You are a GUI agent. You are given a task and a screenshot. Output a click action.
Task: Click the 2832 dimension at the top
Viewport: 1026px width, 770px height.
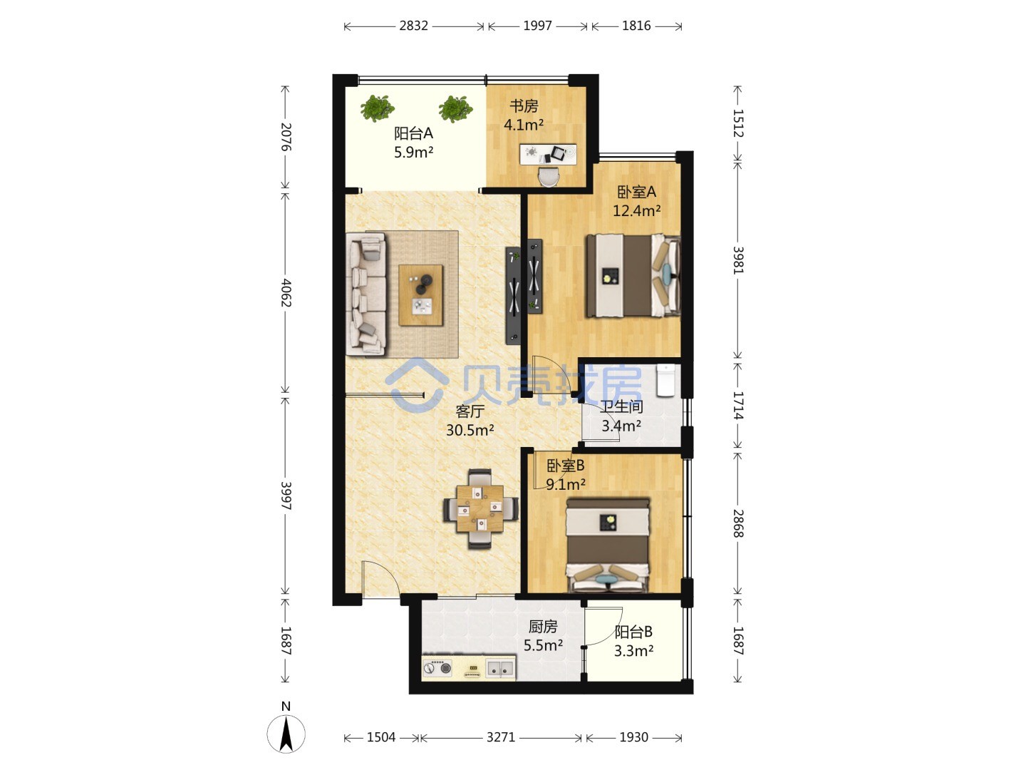pyautogui.click(x=413, y=26)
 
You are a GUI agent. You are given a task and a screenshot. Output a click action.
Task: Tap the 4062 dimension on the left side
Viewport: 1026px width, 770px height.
pyautogui.click(x=286, y=292)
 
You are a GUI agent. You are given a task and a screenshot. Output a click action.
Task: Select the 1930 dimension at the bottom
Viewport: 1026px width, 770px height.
pyautogui.click(x=633, y=737)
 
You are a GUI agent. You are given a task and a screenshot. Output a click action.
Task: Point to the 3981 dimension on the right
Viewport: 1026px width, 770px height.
pyautogui.click(x=737, y=260)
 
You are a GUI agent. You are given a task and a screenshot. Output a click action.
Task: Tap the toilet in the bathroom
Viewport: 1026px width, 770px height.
pyautogui.click(x=665, y=380)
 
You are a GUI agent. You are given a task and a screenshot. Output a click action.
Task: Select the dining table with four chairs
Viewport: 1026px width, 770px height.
pyautogui.click(x=480, y=508)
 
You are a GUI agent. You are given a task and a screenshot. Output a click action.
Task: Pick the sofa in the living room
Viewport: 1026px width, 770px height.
pyautogui.click(x=366, y=294)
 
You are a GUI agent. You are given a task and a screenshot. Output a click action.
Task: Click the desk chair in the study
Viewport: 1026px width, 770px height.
pyautogui.click(x=549, y=177)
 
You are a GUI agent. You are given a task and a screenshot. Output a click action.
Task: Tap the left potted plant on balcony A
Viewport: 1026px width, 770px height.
pyautogui.click(x=377, y=108)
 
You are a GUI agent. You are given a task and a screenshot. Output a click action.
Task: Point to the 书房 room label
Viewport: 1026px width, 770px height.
pyautogui.click(x=524, y=106)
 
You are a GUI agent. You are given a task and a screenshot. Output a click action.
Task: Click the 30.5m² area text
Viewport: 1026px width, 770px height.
pyautogui.click(x=470, y=430)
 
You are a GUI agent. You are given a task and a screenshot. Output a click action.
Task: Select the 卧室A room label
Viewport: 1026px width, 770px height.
pyautogui.click(x=636, y=192)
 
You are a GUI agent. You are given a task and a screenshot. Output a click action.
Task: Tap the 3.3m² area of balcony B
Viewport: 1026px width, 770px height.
pyautogui.click(x=633, y=650)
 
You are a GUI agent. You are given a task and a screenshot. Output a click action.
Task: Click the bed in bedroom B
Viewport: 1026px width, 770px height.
pyautogui.click(x=608, y=545)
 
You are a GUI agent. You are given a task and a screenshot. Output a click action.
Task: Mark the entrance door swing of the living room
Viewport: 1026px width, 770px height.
pyautogui.click(x=380, y=577)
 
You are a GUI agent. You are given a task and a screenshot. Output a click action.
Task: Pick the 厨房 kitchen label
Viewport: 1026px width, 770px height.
pyautogui.click(x=543, y=626)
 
